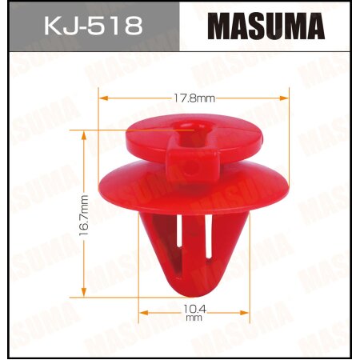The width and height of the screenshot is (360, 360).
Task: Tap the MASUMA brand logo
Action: pyautogui.click(x=266, y=26)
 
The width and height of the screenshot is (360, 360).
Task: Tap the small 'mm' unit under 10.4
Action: pyautogui.click(x=190, y=318)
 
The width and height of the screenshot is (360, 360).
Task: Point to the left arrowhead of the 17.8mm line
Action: pyautogui.click(x=102, y=99)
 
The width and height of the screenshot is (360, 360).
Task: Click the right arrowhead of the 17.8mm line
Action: pyautogui.click(x=285, y=99)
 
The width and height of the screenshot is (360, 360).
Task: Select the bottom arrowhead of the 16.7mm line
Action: pyautogui.click(x=85, y=287)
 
